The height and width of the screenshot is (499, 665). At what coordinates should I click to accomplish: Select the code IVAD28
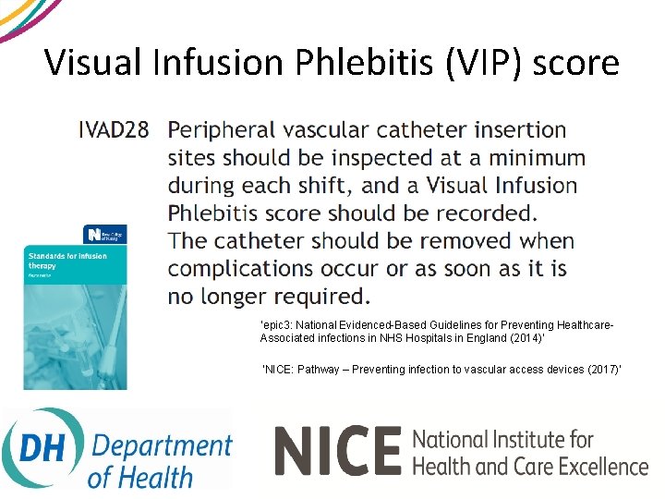click(x=114, y=129)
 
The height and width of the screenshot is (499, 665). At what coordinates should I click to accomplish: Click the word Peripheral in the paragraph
click(x=234, y=130)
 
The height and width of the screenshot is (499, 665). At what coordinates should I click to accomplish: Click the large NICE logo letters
click(x=337, y=450)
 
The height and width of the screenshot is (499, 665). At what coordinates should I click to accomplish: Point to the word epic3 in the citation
click(x=278, y=325)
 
